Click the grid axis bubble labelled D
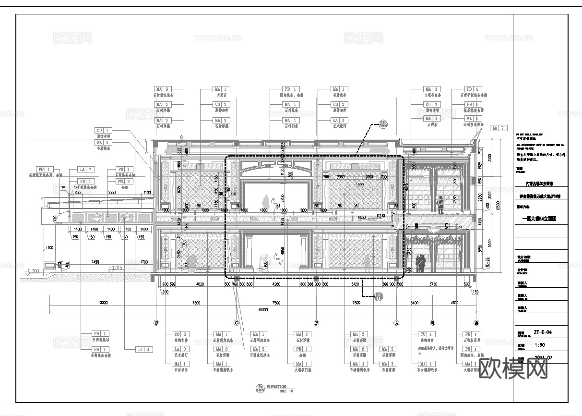[156, 323]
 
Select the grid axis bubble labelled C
[236, 323]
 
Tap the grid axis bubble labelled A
[396, 323]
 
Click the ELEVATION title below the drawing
[277, 387]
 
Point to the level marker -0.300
[33, 270]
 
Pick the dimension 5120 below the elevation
[355, 284]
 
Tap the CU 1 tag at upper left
[104, 130]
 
